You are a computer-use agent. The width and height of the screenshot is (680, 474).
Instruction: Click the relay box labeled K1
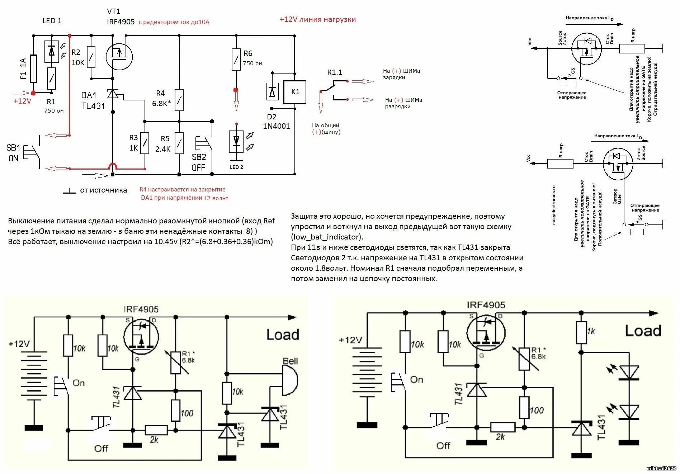tap(295, 92)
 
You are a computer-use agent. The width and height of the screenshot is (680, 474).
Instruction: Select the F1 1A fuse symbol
tap(33, 69)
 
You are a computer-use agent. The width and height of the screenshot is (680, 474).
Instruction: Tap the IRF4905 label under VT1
tap(121, 22)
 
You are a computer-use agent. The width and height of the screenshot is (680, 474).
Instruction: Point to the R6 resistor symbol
tap(236, 60)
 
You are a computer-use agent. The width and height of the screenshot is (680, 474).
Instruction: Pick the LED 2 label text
tap(236, 167)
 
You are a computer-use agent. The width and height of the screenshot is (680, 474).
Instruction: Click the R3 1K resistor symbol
tap(145, 143)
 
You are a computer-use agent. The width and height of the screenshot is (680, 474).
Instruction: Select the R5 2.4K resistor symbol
tap(179, 143)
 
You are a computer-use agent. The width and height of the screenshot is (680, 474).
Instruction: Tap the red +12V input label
tap(22, 101)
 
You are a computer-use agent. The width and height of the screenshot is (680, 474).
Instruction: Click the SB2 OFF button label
tap(199, 162)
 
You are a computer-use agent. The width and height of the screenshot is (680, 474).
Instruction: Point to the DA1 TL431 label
tap(93, 101)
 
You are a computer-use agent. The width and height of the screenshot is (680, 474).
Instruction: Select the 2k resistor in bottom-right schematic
tap(502, 427)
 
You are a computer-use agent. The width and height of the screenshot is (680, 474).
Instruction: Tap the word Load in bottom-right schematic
tap(643, 331)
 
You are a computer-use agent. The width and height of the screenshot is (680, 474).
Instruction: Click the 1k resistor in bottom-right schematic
tap(581, 333)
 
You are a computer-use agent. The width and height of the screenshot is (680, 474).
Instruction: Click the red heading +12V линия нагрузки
tap(317, 20)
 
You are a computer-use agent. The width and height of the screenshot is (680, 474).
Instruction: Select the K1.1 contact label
tap(335, 72)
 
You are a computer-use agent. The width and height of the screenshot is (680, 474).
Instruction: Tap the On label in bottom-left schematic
tap(79, 383)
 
